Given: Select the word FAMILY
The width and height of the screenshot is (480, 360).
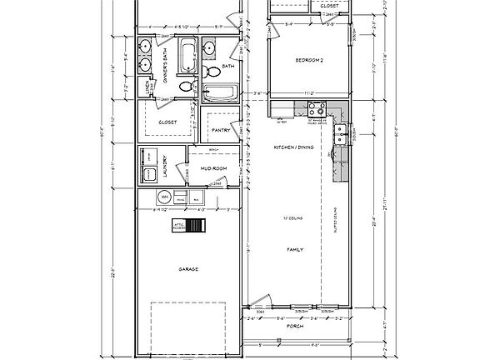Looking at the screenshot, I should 293,248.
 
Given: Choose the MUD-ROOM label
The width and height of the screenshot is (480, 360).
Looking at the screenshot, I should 214,169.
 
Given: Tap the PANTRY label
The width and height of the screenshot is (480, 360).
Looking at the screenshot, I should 221,130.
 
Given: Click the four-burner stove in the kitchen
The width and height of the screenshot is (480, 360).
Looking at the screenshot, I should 317,108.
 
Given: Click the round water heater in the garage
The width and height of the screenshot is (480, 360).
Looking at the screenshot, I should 152,197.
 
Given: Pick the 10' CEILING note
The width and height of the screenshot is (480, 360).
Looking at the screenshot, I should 292,219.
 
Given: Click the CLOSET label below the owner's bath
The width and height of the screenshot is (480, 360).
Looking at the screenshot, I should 167,122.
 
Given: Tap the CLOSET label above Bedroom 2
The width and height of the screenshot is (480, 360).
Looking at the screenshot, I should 327,6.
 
